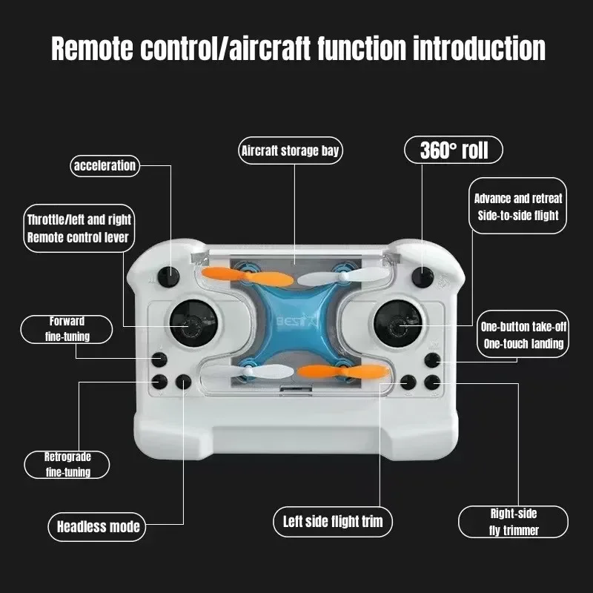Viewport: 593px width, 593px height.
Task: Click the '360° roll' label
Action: [x=453, y=150]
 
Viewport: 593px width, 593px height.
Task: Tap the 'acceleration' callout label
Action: [x=105, y=165]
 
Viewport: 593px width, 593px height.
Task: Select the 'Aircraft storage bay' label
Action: [x=291, y=151]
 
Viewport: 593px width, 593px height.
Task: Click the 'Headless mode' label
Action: [x=99, y=527]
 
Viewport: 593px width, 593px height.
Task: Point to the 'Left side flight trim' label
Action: [x=333, y=521]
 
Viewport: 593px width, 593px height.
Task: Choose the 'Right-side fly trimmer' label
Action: [x=513, y=522]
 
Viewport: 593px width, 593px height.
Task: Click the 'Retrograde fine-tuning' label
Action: [x=68, y=465]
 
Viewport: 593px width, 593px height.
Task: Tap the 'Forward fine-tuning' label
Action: [x=67, y=329]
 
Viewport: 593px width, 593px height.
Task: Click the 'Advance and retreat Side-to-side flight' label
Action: [x=518, y=207]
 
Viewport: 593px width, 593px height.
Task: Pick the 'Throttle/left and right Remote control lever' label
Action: [x=79, y=228]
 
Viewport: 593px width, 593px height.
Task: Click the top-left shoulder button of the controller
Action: [x=170, y=277]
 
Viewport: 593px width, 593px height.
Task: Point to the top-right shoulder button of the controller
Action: [x=424, y=276]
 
